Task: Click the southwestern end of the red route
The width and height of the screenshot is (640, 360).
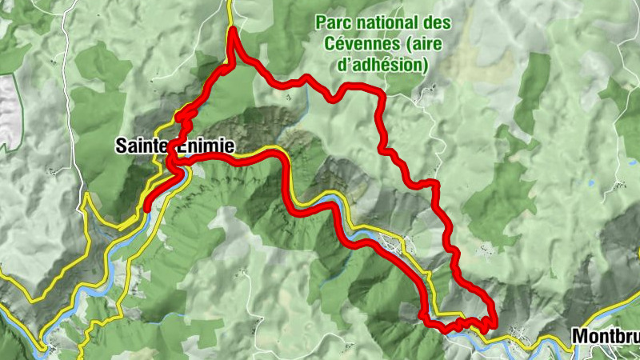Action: point(147,209)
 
